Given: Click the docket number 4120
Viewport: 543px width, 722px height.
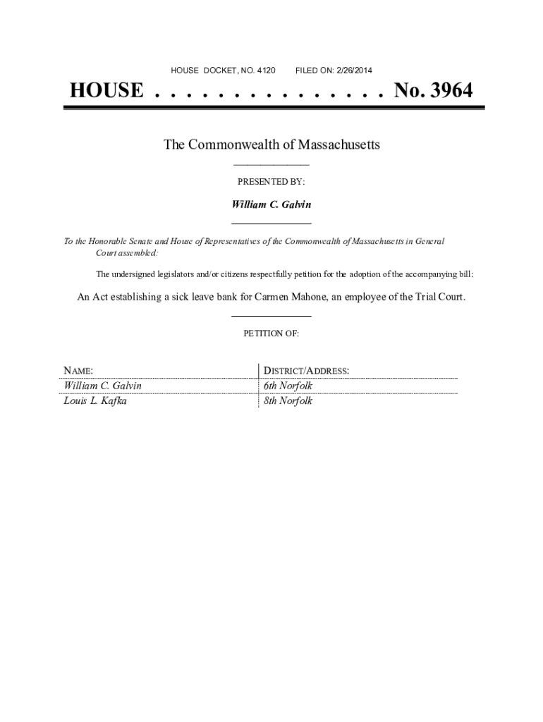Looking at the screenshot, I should tap(266, 71).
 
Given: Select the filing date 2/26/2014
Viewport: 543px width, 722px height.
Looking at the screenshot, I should tap(352, 71).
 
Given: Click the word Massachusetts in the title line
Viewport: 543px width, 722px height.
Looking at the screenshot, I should tap(338, 145).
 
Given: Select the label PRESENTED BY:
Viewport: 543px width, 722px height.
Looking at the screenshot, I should tap(271, 182).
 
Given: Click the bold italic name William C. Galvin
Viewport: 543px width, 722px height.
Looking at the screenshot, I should tap(271, 204).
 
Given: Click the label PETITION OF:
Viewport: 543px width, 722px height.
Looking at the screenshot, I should tap(271, 334).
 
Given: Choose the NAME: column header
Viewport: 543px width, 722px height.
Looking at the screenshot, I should tap(79, 371).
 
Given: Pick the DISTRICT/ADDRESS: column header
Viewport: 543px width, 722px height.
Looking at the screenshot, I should tap(306, 371).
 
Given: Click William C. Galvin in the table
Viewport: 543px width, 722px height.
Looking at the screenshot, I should tap(103, 386).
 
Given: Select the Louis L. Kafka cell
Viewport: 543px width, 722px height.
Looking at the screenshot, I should tap(95, 401).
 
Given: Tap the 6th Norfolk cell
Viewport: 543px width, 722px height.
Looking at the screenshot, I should tap(288, 386).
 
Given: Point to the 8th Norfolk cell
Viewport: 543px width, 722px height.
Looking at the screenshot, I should tap(288, 401).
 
